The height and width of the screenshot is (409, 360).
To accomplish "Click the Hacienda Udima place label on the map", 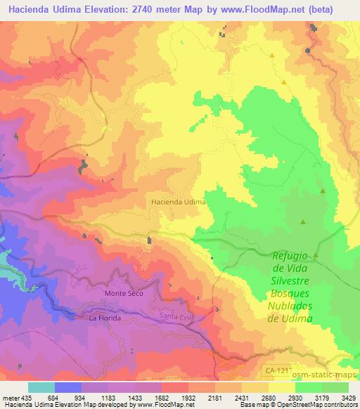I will click(x=178, y=202).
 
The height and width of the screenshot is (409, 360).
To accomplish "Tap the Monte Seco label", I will click(x=123, y=293).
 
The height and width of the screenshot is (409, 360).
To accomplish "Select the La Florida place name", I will click(x=105, y=318).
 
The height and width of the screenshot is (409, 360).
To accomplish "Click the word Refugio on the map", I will click(x=290, y=257).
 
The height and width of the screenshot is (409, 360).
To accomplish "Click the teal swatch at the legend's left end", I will click(x=41, y=388).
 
